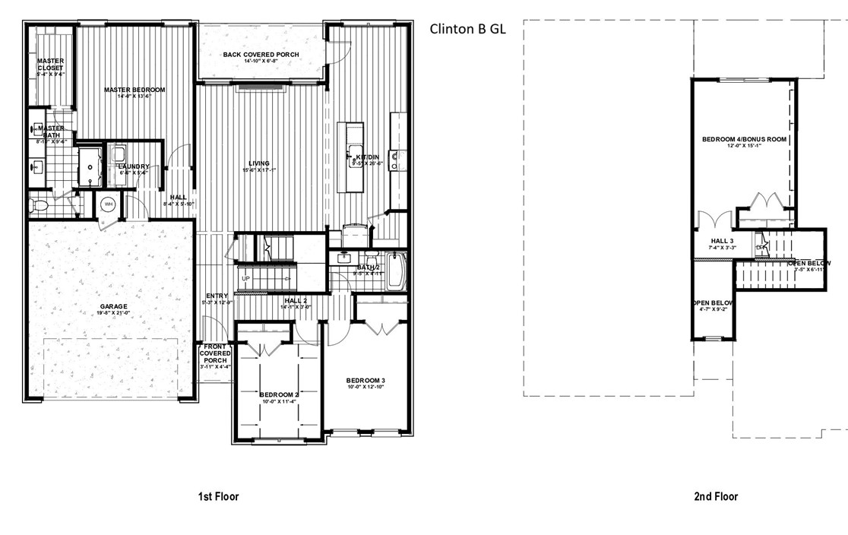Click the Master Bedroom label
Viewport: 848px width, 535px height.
tap(134, 90)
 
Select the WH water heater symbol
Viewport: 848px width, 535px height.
tap(108, 204)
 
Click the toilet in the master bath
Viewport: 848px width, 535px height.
tap(39, 204)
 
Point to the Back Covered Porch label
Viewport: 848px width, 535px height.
tap(261, 55)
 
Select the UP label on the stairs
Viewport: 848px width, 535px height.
tap(245, 279)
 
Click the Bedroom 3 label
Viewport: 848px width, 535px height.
tap(366, 380)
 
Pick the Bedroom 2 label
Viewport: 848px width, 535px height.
tap(279, 395)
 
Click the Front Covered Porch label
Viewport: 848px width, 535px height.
tap(214, 353)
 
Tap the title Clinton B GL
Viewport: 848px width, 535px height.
tap(467, 30)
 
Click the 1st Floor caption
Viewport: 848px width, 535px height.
tap(219, 496)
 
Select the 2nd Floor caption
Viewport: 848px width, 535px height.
tap(715, 496)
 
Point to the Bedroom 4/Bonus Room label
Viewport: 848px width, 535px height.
tap(744, 140)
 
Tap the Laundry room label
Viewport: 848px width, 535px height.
tap(134, 166)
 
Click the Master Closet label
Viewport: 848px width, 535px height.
tap(50, 64)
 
